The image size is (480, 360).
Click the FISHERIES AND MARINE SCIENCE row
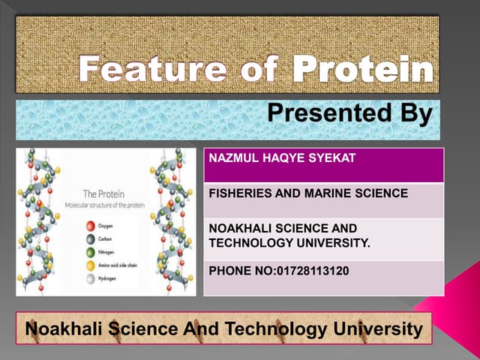click(x=308, y=193)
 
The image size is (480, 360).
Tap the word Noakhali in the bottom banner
click(x=63, y=328)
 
